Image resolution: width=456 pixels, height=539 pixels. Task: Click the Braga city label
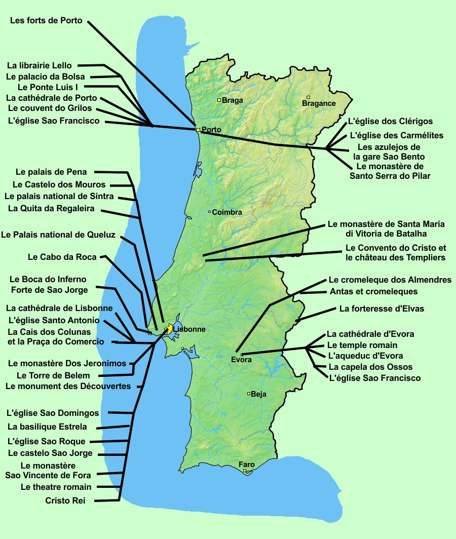[x=233, y=100]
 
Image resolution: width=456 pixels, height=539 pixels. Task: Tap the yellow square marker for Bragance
[x=308, y=97]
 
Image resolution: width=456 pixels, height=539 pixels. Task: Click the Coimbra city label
[x=227, y=212]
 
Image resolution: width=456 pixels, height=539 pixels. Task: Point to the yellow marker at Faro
[x=245, y=471]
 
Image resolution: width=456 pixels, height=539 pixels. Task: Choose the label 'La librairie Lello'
[x=40, y=65]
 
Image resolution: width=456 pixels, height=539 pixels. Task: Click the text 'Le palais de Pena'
[x=51, y=172]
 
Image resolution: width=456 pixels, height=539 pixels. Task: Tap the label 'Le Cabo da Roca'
[x=62, y=257]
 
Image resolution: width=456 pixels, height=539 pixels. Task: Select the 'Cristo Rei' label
[x=65, y=500]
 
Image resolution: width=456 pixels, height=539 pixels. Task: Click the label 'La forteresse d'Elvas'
[x=382, y=309]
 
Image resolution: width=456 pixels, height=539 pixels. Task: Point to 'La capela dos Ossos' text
[x=370, y=367]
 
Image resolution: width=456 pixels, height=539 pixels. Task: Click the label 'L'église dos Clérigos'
[x=390, y=122]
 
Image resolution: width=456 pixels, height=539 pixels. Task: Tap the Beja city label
[x=258, y=394]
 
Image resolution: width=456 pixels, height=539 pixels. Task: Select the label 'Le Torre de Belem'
[x=53, y=375]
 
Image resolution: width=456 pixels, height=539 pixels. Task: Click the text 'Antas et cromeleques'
[x=373, y=291]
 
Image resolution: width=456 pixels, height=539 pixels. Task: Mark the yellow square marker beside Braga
[x=219, y=100]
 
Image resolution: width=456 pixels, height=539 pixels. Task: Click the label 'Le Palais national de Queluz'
[x=58, y=235]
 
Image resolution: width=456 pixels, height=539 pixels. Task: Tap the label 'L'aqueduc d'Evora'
[x=365, y=356]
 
